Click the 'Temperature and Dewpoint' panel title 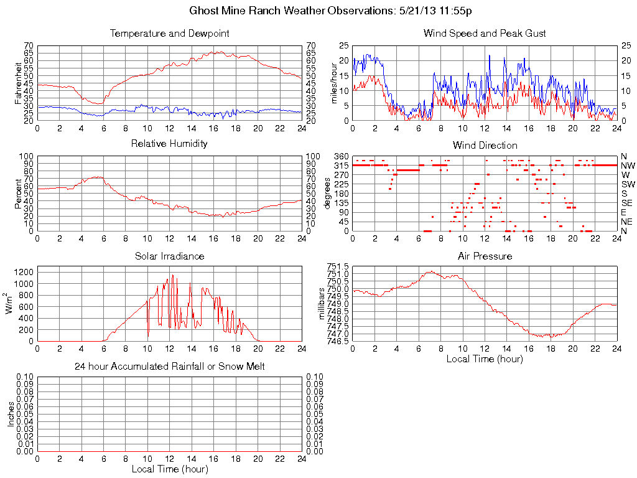(x=169, y=33)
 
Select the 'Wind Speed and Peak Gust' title (x=485, y=33)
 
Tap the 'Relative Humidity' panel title (x=169, y=144)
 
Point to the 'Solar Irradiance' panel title (x=169, y=256)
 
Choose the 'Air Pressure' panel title (x=485, y=256)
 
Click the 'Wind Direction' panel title (x=485, y=145)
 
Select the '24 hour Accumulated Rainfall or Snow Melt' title (x=169, y=367)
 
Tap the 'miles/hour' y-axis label (x=334, y=83)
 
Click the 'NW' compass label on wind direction (x=627, y=166)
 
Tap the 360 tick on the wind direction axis (x=341, y=156)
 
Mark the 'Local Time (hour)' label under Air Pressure (x=485, y=358)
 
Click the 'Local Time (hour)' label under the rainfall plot (x=169, y=469)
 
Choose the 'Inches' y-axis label (x=11, y=414)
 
